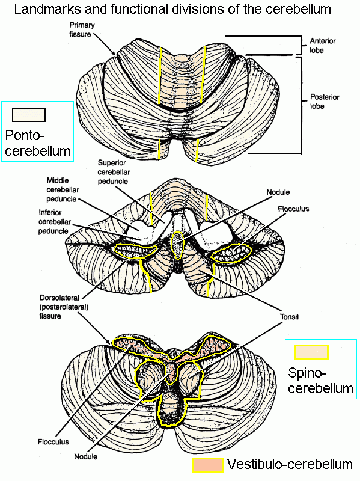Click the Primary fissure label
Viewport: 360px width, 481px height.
pos(82,29)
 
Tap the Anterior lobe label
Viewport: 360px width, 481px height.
pos(322,46)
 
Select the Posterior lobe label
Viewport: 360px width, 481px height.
pos(325,102)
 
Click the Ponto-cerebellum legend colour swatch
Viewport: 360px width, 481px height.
pos(29,115)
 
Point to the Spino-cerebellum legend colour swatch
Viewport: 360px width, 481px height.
pos(311,352)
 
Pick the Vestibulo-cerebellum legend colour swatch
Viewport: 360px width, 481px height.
pos(207,465)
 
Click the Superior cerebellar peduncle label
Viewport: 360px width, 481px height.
pos(114,172)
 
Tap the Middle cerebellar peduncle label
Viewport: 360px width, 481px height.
pos(63,190)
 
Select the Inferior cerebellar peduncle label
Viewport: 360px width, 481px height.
pos(55,222)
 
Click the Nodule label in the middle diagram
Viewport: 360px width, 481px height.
pos(278,192)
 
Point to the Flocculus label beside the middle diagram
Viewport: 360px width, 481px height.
pos(293,209)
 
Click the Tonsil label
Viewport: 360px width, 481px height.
pos(289,317)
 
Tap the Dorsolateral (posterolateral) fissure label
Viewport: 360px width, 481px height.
pos(64,307)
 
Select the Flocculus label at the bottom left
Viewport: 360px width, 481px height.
pos(53,442)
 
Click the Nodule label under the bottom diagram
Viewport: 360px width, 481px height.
pos(86,456)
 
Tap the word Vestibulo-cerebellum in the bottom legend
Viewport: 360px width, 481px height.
pos(290,464)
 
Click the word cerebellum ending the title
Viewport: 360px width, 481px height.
pos(298,9)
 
